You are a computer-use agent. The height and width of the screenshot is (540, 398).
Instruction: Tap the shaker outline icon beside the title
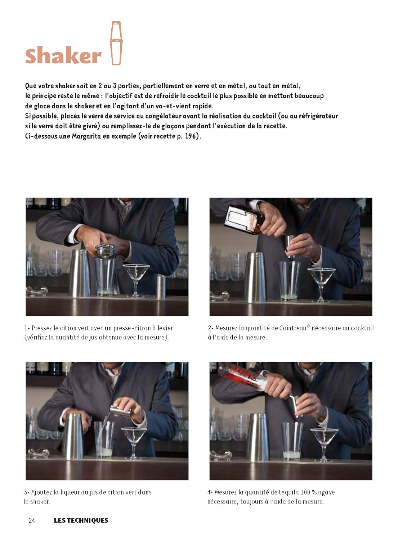click(116, 43)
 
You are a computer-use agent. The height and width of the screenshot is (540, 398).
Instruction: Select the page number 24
click(32, 521)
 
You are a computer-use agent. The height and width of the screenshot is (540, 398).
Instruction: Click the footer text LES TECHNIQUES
click(81, 521)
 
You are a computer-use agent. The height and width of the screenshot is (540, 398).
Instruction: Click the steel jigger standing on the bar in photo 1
click(161, 287)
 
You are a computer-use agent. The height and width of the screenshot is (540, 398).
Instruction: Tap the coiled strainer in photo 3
click(39, 453)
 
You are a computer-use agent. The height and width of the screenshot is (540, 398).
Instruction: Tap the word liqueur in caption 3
click(67, 492)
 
